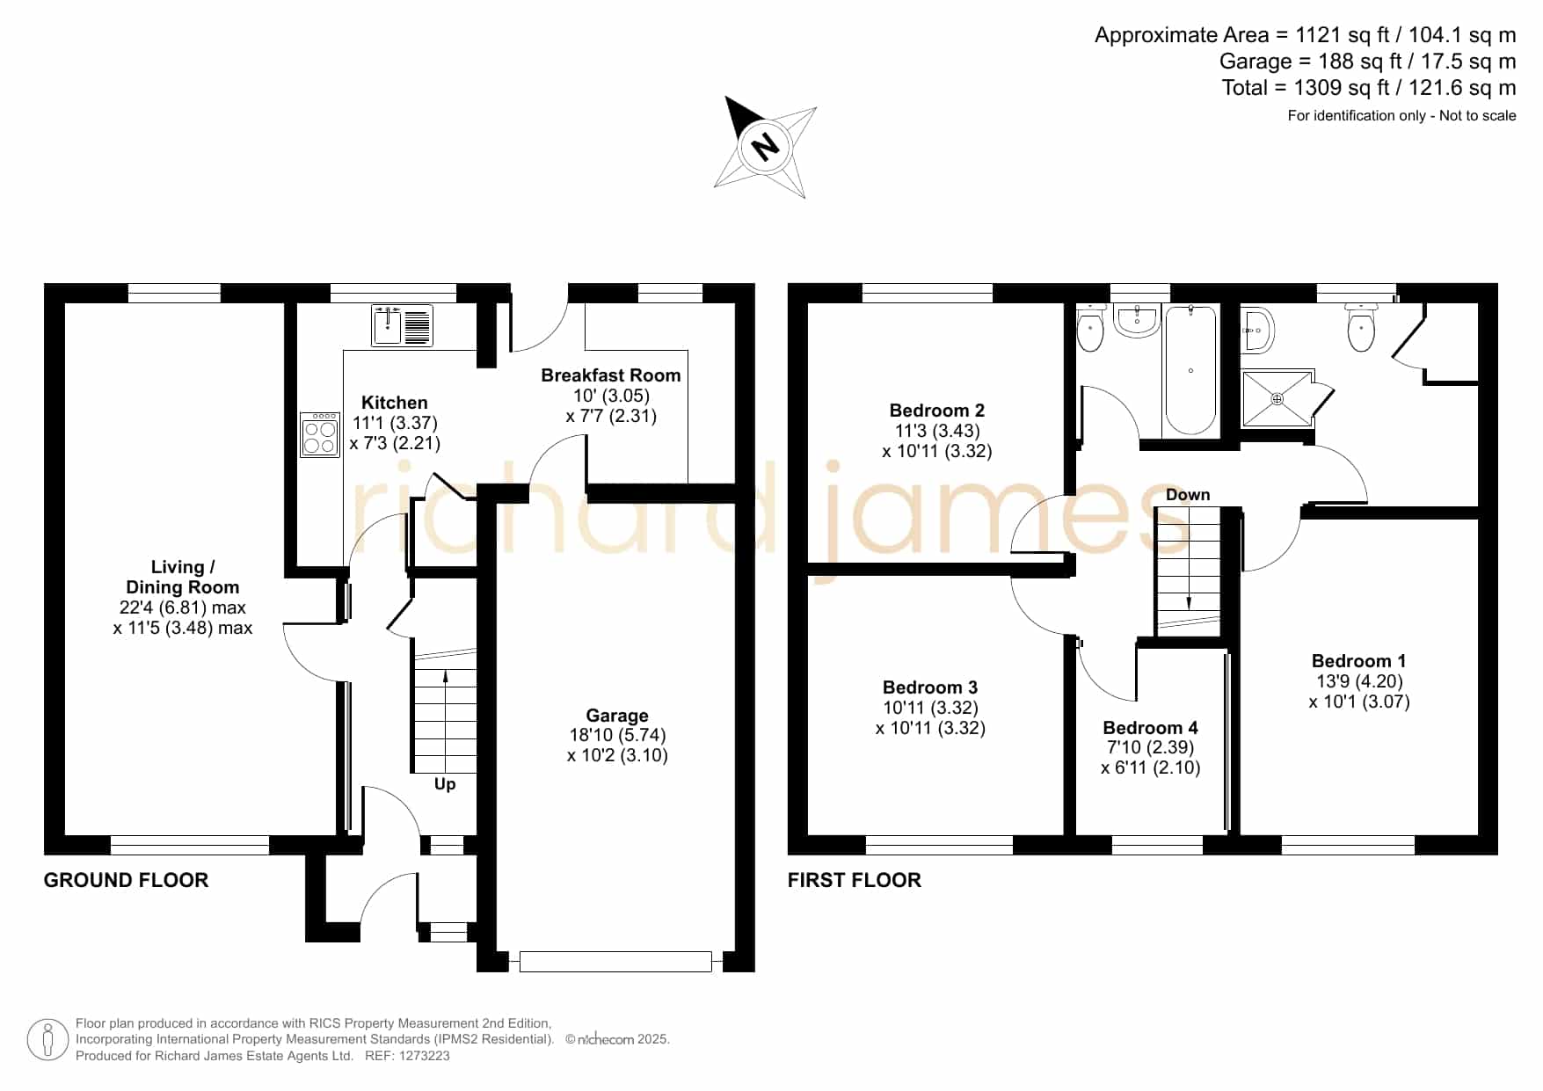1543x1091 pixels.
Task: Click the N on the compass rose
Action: click(766, 146)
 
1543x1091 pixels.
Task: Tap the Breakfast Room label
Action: click(611, 375)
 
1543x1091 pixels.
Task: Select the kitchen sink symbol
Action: click(402, 325)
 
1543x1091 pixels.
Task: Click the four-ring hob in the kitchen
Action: click(320, 435)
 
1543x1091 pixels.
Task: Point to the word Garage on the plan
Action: click(617, 716)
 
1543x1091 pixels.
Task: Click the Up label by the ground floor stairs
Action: click(445, 784)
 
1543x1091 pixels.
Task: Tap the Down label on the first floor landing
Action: click(1188, 495)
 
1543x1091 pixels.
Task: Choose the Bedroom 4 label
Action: click(1150, 727)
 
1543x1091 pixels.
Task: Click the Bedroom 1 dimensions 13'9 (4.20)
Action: click(1359, 681)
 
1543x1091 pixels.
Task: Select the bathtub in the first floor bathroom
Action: click(1190, 370)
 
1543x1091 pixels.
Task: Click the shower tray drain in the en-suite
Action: click(1277, 399)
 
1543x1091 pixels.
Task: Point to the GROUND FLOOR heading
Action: click(126, 880)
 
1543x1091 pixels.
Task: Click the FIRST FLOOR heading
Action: click(854, 880)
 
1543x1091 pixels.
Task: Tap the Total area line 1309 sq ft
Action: click(1369, 88)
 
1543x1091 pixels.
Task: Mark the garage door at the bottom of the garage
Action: click(615, 962)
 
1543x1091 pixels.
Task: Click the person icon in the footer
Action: click(47, 1040)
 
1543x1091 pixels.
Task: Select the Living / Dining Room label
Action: click(183, 578)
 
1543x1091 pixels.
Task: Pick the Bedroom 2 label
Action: click(937, 411)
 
